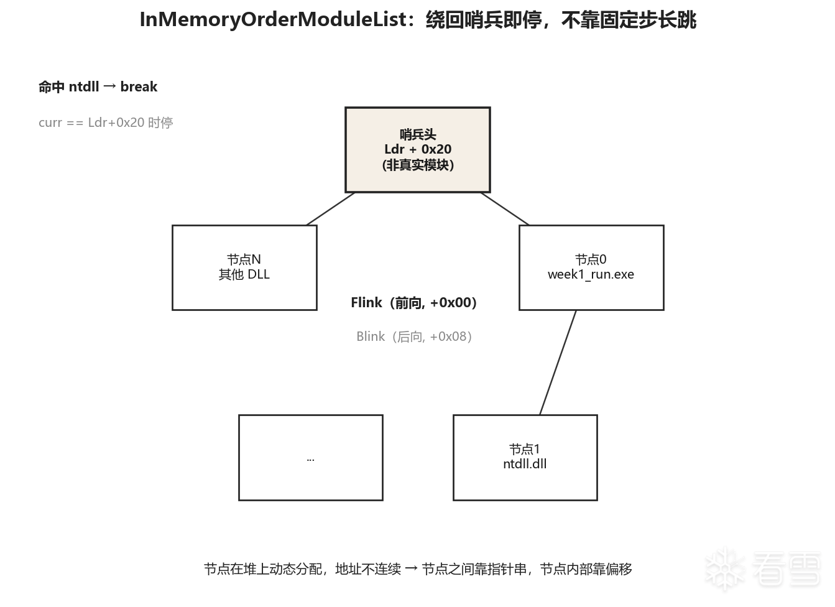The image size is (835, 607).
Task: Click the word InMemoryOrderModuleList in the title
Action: coord(273,20)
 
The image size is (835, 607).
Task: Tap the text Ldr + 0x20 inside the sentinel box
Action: coord(418,149)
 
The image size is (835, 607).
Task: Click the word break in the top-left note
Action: coord(139,87)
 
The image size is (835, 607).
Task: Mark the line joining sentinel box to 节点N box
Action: coord(330,209)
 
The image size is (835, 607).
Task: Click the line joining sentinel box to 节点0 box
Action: coord(505,209)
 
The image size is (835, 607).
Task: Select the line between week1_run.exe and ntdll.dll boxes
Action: coord(558,363)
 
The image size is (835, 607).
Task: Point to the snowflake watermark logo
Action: coord(725,568)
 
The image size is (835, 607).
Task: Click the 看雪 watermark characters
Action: coord(787,569)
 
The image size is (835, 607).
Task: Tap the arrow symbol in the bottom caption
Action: coord(411,569)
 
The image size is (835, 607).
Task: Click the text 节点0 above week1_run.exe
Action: coord(591,259)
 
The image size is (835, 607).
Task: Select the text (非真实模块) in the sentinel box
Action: coord(418,165)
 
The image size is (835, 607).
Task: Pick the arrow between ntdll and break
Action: coord(109,86)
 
